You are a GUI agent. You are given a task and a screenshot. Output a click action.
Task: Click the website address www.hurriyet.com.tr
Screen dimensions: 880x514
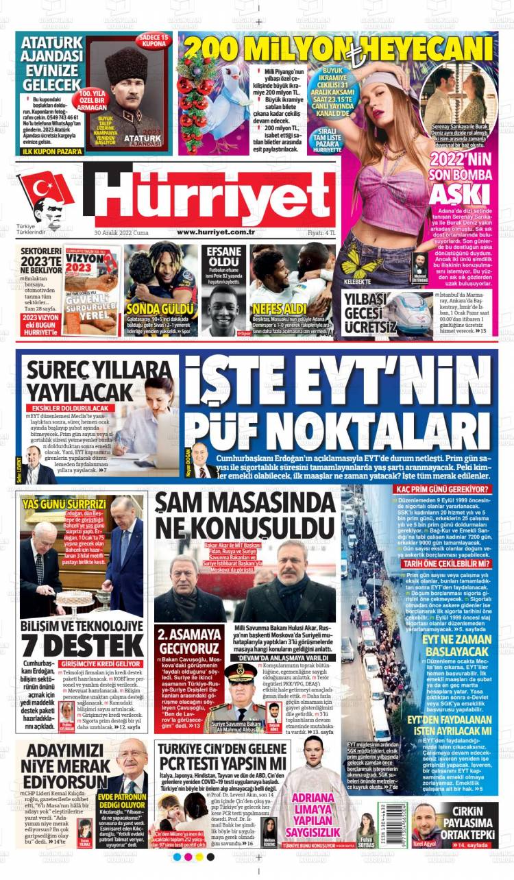tap(216, 232)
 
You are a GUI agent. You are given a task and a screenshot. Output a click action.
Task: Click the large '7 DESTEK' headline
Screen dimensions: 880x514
tap(83, 644)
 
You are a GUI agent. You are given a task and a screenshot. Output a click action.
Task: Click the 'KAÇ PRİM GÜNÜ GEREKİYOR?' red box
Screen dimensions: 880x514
tap(442, 489)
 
